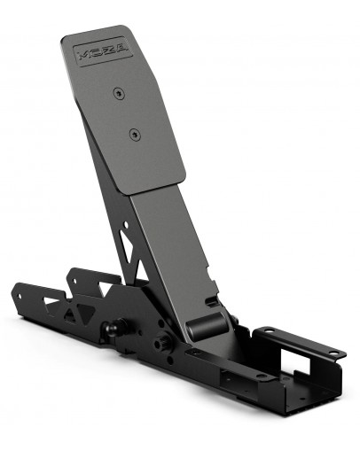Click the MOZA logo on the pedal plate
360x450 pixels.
[103, 50]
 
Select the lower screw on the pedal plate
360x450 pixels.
[134, 135]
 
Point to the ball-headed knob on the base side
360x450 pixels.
[110, 330]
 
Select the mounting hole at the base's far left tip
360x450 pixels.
[19, 288]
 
